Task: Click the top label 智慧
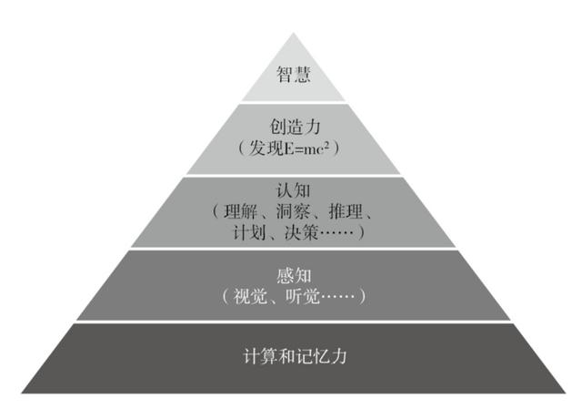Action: tap(293, 74)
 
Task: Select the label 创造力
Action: tap(295, 127)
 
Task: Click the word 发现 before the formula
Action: tap(266, 148)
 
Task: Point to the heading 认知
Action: tap(293, 190)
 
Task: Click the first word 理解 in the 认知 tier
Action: tap(240, 211)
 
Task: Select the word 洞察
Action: tap(293, 211)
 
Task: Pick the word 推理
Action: tap(346, 211)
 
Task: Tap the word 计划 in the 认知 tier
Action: tap(249, 233)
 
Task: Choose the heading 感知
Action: tap(294, 275)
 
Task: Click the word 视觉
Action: tap(250, 296)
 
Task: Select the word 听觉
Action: tap(303, 296)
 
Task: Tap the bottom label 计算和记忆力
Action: tap(295, 356)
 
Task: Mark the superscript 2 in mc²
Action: tap(326, 144)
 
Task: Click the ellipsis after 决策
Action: tap(336, 233)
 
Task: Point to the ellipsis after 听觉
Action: tap(337, 296)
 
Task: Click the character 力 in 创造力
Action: tap(312, 127)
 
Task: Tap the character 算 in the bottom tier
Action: tap(269, 356)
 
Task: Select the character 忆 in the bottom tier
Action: tap(321, 356)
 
